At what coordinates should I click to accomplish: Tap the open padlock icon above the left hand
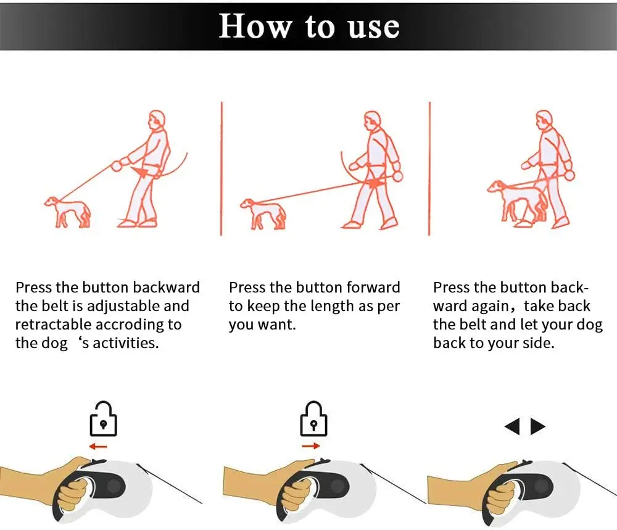(103, 419)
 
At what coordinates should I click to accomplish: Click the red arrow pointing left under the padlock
(98, 447)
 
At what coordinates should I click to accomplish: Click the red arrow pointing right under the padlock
(311, 446)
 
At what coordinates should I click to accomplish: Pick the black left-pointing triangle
(512, 426)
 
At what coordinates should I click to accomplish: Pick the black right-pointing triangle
(538, 426)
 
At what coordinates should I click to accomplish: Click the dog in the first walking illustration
(68, 212)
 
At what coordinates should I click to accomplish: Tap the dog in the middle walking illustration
(263, 213)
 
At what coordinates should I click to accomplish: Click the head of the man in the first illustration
(156, 120)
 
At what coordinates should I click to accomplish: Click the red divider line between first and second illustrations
(222, 168)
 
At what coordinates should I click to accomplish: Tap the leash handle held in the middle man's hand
(398, 175)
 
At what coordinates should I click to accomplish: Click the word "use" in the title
(374, 28)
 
